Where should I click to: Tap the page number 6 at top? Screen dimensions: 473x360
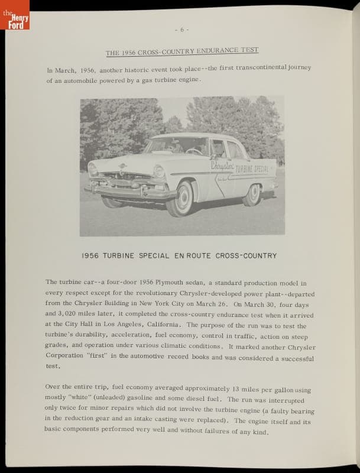coord(181,30)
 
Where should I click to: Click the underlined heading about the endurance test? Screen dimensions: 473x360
coord(182,51)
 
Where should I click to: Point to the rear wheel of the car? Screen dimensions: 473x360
coord(252,194)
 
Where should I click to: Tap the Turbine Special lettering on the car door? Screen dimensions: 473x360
coord(252,169)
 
